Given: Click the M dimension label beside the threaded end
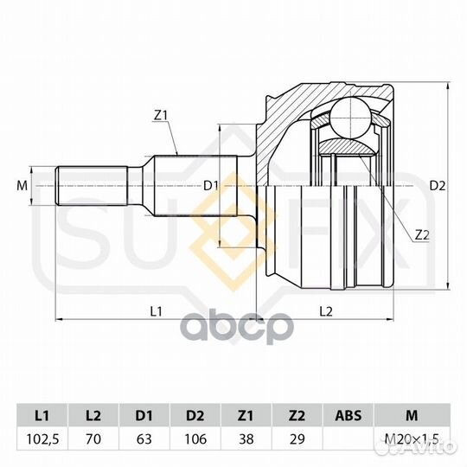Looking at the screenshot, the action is click(22, 186).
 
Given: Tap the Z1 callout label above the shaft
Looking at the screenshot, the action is click(162, 116).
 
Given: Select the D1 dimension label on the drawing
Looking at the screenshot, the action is click(211, 186).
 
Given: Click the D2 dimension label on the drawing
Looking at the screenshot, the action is click(438, 186).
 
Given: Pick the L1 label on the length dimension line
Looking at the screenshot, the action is click(156, 311).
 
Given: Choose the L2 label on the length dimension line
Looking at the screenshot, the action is click(326, 311).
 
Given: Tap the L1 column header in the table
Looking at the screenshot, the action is click(42, 415).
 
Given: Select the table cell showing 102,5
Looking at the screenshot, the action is click(42, 439).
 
